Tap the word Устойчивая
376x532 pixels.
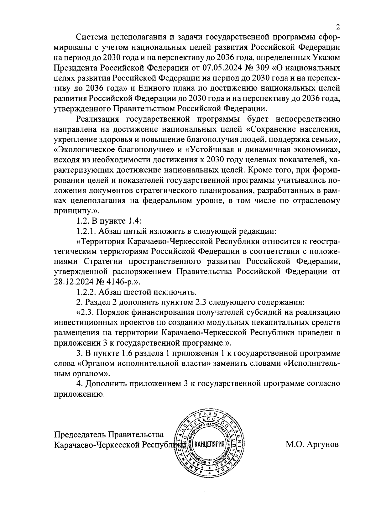(212, 149)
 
